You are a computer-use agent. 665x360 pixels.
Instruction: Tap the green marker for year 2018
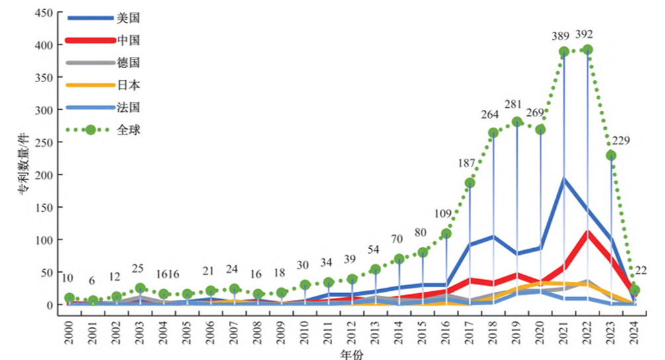pos(493,133)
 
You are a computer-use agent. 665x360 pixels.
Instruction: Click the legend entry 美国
pos(128,18)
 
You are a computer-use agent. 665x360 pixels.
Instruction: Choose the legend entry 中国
pos(128,40)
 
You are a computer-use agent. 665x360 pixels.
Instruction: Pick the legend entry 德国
pos(128,62)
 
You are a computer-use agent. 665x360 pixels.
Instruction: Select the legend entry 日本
pos(128,85)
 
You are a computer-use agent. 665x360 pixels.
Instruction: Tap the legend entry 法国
pos(128,107)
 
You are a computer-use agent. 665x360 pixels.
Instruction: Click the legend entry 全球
pos(128,129)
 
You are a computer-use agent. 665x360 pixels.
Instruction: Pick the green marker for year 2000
pos(69,298)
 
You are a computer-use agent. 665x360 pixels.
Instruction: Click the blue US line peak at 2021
pos(564,179)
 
